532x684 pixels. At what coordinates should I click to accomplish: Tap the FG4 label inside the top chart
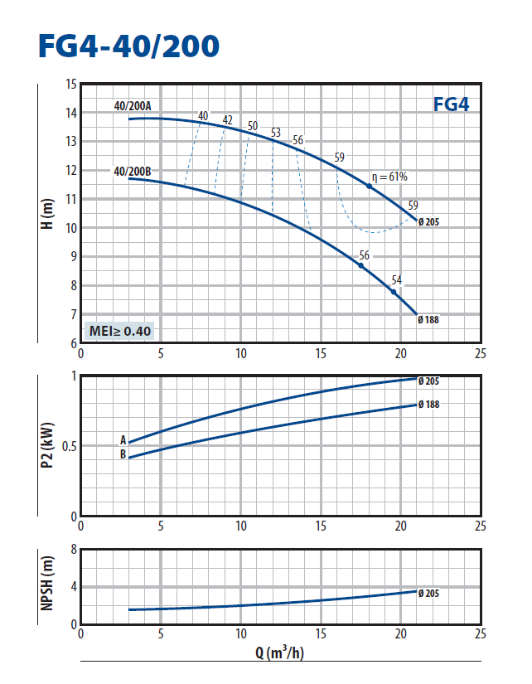[x=452, y=105]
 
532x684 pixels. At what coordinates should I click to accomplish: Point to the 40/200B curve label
[x=132, y=172]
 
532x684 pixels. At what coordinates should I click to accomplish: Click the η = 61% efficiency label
[x=389, y=177]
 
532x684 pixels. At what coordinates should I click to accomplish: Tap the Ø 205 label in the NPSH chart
[x=429, y=593]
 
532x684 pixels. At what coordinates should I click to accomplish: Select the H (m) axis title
[x=47, y=212]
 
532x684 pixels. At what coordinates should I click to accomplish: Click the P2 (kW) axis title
[x=47, y=446]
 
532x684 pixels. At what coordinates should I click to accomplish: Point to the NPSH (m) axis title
[x=47, y=586]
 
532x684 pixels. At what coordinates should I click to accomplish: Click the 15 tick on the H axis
[x=70, y=85]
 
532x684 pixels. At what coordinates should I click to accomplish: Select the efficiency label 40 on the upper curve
[x=203, y=116]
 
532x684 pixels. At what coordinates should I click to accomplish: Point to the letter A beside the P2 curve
[x=123, y=440]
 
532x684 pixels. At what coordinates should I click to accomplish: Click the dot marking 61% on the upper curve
[x=369, y=187]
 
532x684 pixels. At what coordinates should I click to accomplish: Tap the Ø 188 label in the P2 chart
[x=429, y=404]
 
